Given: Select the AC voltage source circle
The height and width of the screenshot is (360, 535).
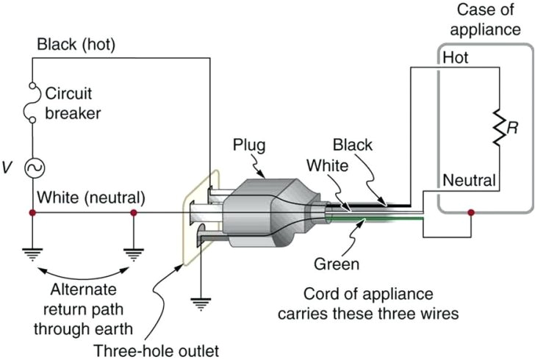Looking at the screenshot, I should (x=33, y=168).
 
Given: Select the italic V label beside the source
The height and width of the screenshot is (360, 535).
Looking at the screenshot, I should (x=7, y=168).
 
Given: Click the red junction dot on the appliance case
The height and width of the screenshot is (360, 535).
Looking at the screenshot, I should (x=470, y=214).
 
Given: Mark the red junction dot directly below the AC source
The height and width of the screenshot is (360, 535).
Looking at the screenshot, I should (x=33, y=213).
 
